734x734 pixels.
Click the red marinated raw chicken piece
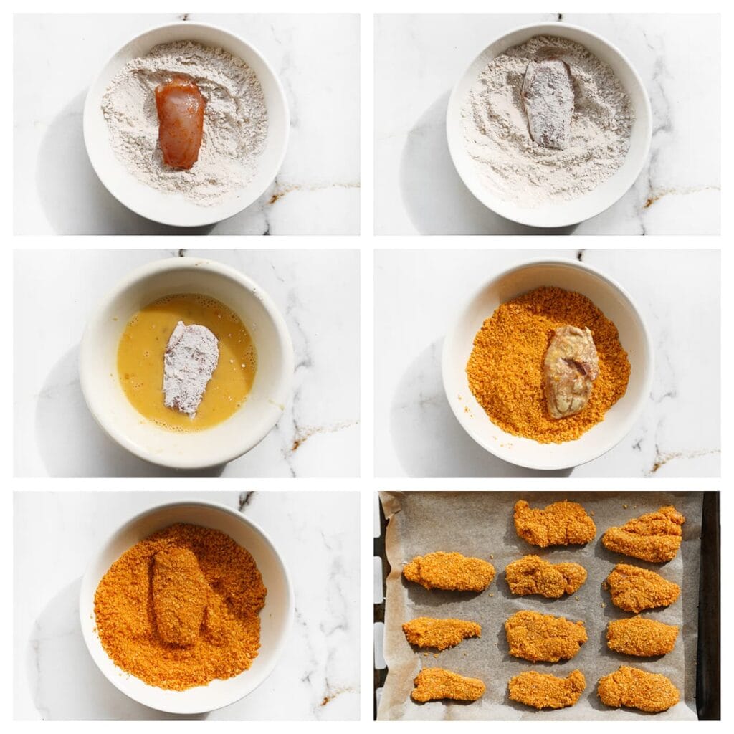click(180, 122)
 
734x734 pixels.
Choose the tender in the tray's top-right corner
click(644, 534)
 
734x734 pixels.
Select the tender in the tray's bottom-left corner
click(447, 685)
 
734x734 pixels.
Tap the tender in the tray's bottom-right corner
click(638, 688)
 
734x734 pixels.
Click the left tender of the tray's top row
click(554, 523)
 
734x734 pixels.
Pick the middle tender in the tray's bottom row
click(546, 688)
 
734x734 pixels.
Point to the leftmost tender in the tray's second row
click(449, 571)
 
